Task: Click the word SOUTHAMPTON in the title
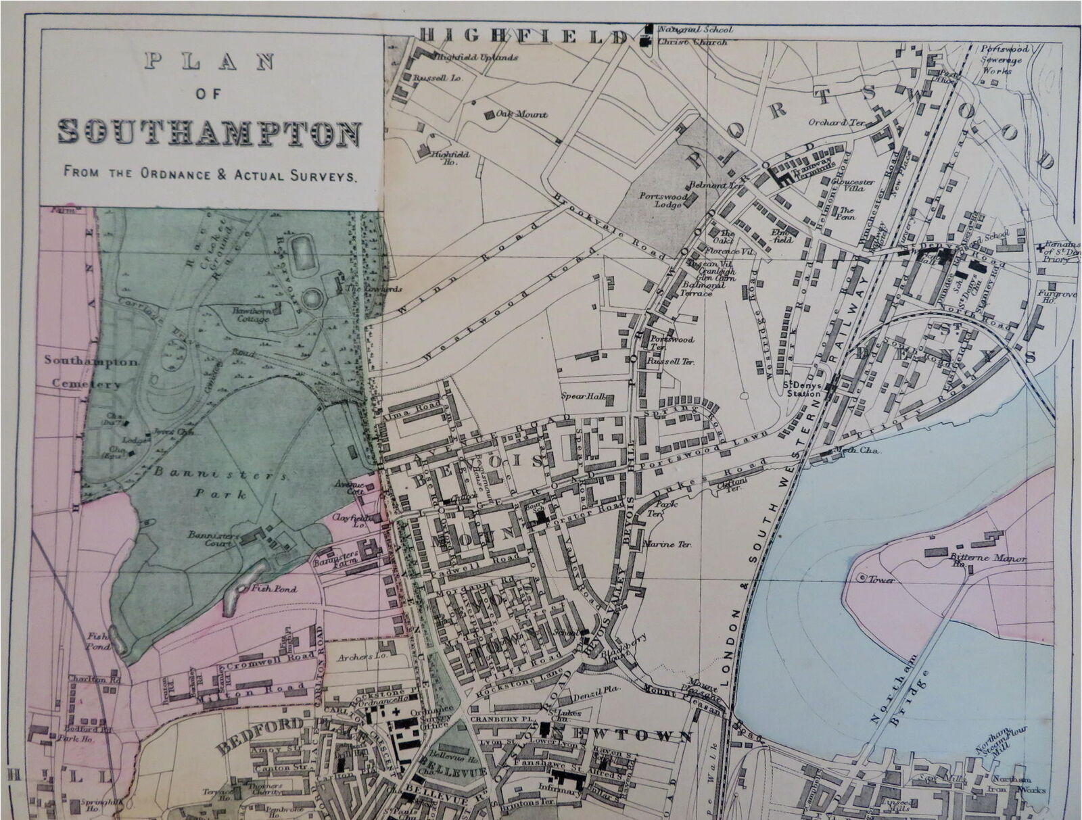click(208, 132)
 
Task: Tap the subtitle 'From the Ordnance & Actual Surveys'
click(209, 174)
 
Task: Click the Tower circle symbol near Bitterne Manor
click(862, 579)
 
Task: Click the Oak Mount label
click(521, 114)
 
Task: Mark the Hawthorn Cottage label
click(252, 314)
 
